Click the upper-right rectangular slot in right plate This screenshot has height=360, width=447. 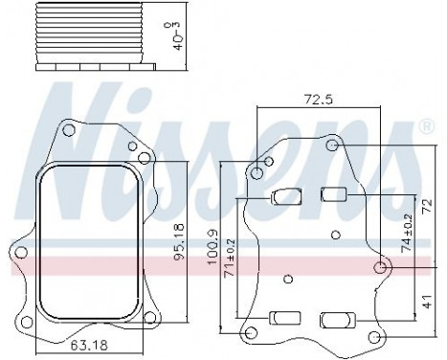point(334,195)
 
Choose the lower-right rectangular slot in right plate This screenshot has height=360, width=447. point(334,318)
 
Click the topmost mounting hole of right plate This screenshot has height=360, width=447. point(331,146)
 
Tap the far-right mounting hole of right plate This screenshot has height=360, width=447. point(381,267)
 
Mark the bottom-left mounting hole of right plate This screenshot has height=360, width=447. point(252,333)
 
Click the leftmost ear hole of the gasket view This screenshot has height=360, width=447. point(18,254)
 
